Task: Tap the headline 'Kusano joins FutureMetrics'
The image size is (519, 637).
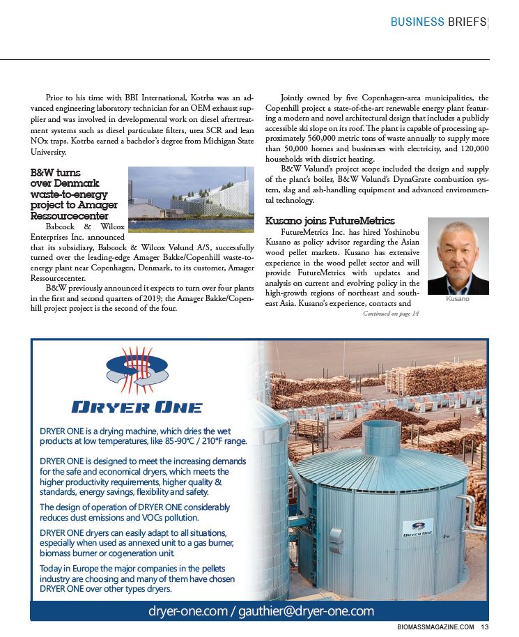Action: [x=330, y=221]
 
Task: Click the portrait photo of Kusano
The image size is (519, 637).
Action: [x=458, y=256]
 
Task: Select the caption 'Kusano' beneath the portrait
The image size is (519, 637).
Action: [x=458, y=298]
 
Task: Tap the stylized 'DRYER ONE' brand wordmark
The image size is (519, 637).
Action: [x=137, y=407]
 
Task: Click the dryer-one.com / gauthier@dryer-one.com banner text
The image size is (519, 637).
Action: [x=261, y=611]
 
